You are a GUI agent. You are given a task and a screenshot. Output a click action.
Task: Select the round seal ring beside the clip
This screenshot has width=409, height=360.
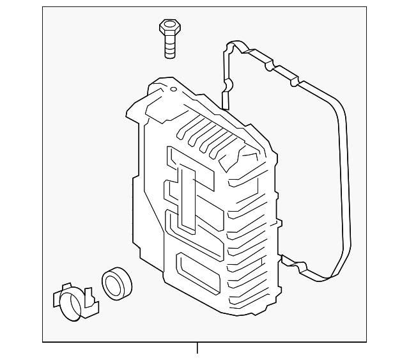(116, 283)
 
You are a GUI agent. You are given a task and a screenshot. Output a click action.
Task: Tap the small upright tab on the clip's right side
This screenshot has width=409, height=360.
(89, 295)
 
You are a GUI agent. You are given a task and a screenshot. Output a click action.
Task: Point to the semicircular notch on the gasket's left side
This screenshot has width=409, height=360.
(228, 85)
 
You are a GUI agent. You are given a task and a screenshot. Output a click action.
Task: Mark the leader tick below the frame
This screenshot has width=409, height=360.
(197, 348)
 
